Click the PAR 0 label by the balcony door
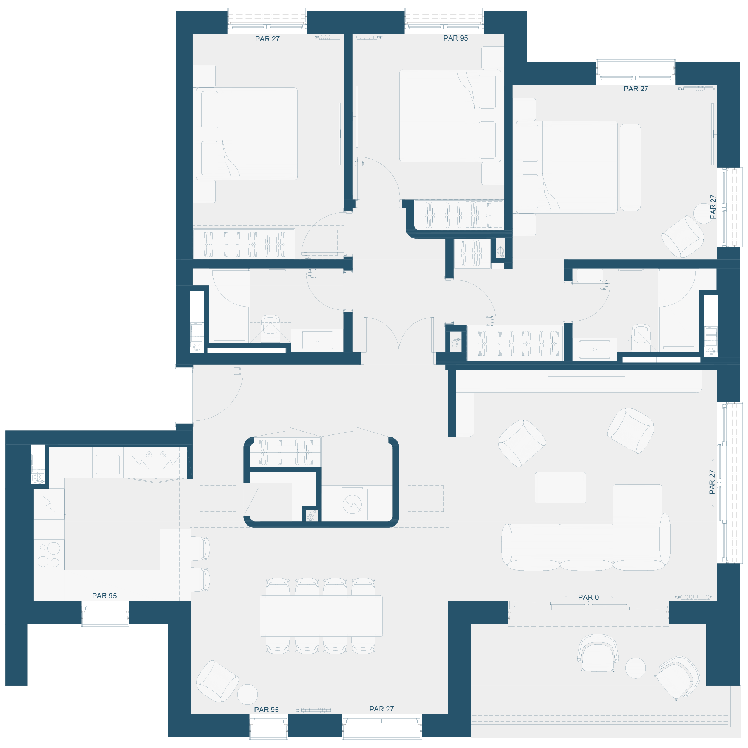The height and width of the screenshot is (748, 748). (588, 597)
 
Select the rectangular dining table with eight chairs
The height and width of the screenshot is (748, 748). (321, 616)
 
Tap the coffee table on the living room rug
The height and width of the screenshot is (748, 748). (560, 488)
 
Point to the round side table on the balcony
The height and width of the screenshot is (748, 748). (636, 668)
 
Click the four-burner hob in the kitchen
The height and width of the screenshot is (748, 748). (49, 554)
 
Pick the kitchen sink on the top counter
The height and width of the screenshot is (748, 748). (108, 464)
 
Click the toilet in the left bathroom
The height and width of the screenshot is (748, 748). (270, 328)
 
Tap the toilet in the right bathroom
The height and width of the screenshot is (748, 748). (641, 337)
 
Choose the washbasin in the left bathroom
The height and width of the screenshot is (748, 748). (317, 340)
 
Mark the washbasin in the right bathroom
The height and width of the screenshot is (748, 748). (595, 349)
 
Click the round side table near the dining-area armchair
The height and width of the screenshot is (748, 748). (247, 694)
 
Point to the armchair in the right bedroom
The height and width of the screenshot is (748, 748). (683, 236)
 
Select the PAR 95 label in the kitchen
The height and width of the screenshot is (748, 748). (104, 595)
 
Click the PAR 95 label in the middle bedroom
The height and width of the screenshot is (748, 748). (455, 38)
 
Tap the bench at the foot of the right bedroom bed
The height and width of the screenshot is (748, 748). (630, 167)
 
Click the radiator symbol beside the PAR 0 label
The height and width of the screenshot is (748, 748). (694, 597)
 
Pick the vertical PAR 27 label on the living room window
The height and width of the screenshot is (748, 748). (712, 482)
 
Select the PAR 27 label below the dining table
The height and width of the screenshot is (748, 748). (381, 709)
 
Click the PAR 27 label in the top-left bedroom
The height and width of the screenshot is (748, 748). (267, 39)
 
